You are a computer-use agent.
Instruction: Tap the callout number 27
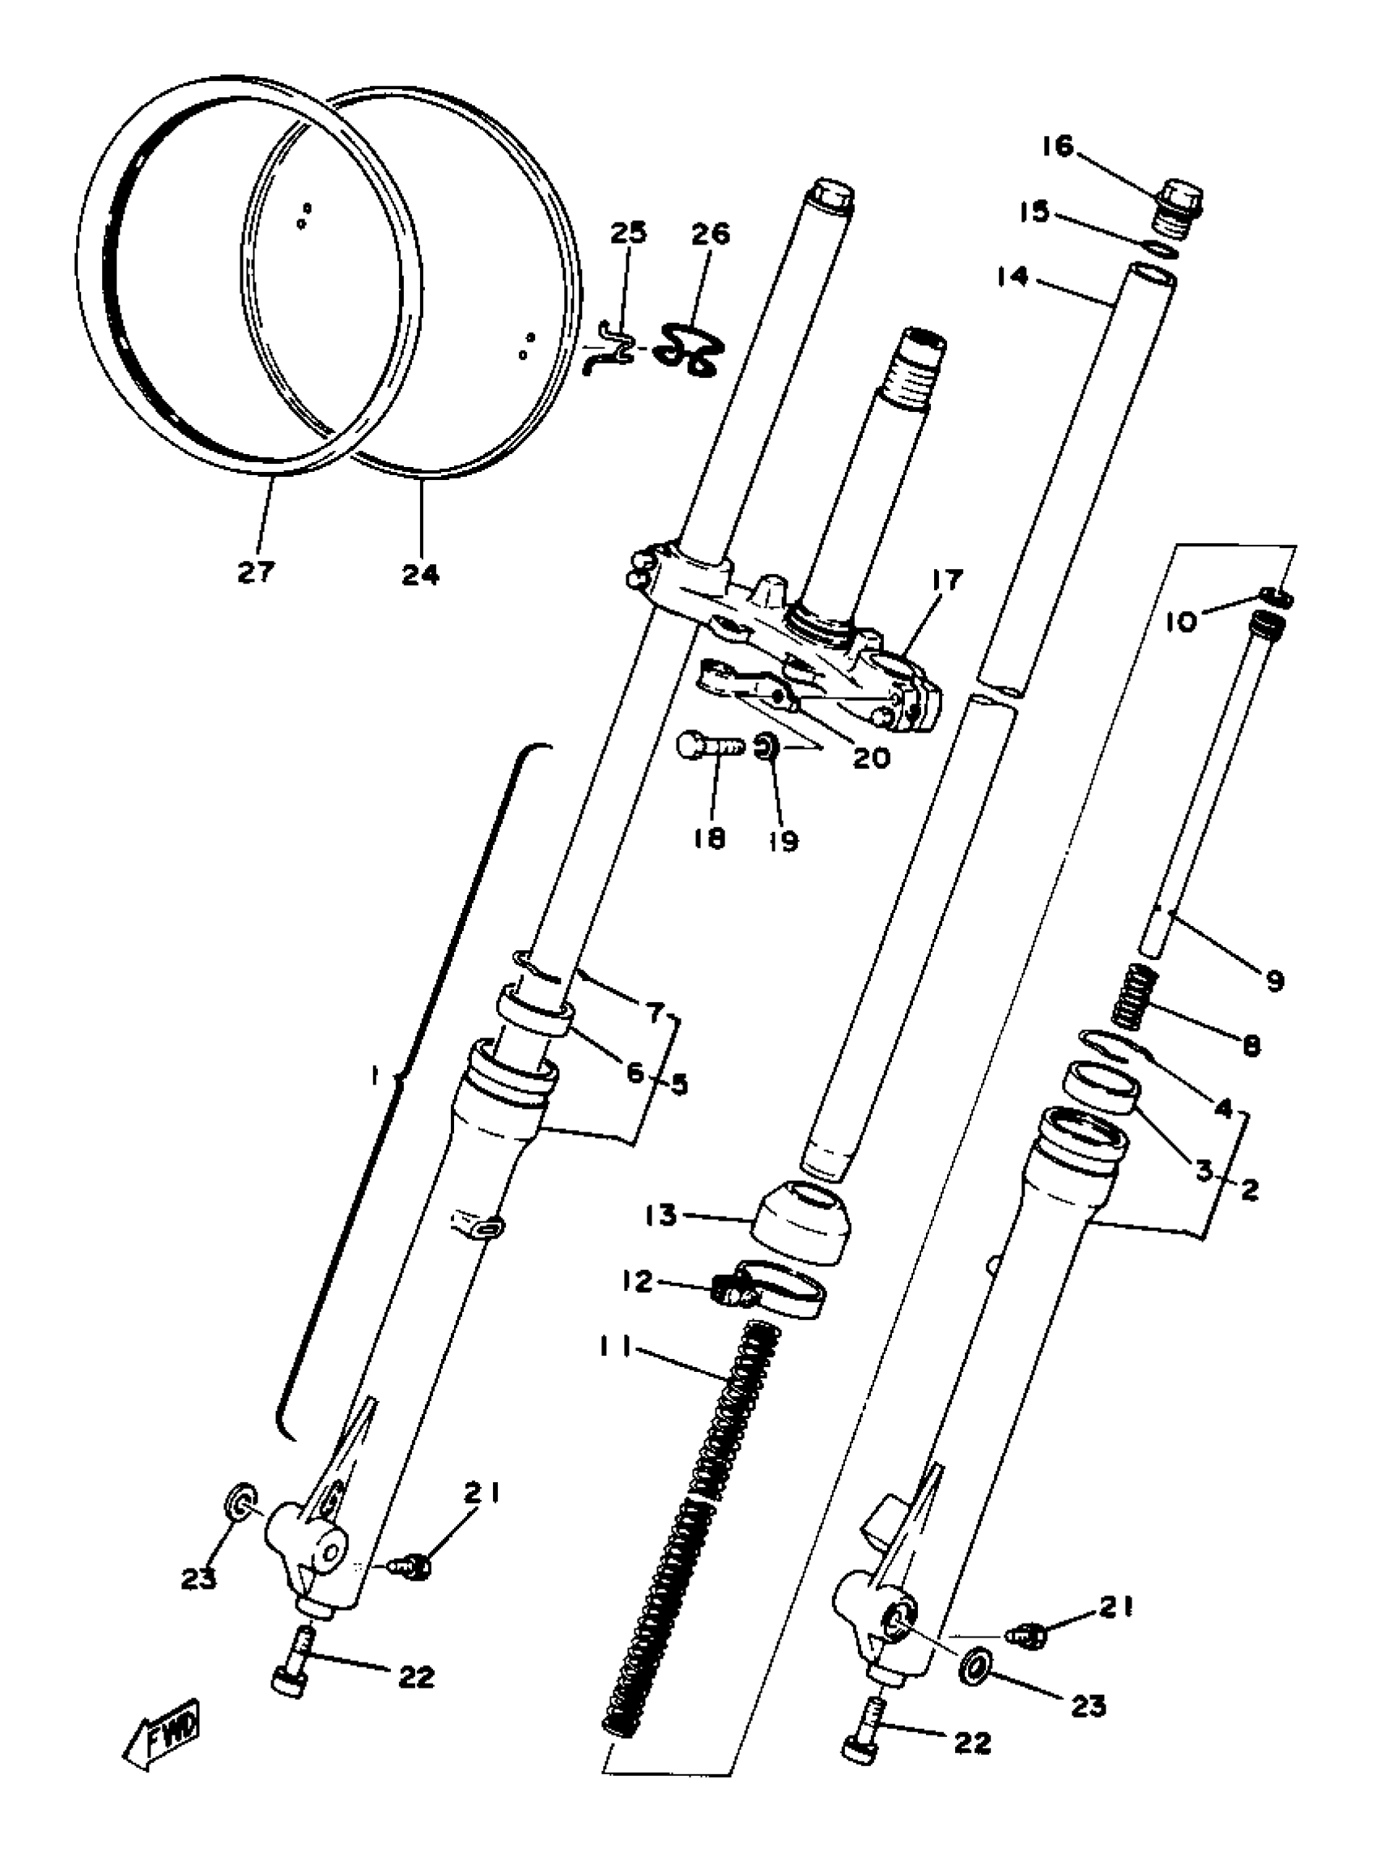pos(256,572)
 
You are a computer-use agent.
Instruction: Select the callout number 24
pos(421,574)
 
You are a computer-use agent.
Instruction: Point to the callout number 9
pos(1274,979)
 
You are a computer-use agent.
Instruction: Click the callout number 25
pos(628,234)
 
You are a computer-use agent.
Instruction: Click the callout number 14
pos(1011,278)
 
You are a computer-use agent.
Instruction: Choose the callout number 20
pos(870,758)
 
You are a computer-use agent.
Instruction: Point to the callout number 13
pos(660,1216)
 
